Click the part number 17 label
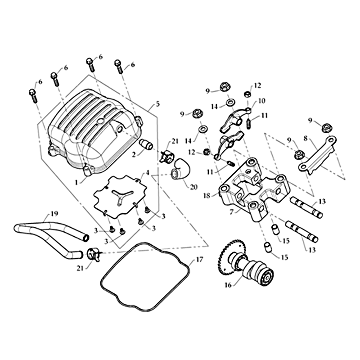(x=199, y=260)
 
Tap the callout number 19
(x=54, y=214)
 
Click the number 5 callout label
(x=157, y=104)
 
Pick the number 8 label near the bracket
(x=306, y=139)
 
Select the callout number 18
(x=207, y=196)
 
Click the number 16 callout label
(x=228, y=285)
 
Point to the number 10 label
(x=261, y=101)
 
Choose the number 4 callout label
(x=147, y=172)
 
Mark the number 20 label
(x=193, y=187)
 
